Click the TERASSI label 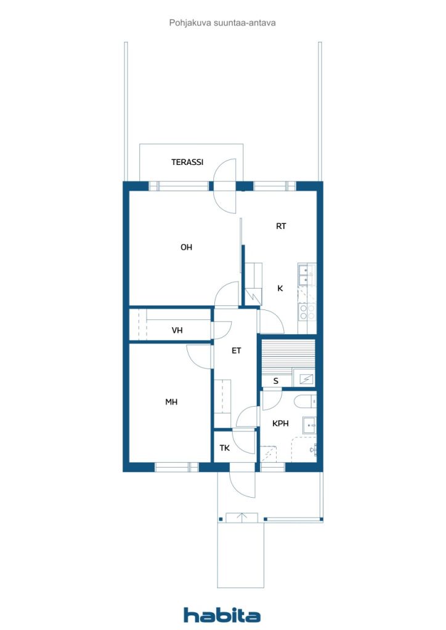[x=187, y=162]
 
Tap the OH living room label [x=186, y=247]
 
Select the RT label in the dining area [x=281, y=226]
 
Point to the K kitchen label [x=280, y=288]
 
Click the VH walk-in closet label [x=177, y=330]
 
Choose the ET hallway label [x=236, y=351]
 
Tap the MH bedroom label [x=171, y=402]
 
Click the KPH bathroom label [x=280, y=423]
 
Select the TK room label [x=225, y=448]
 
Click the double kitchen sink [x=306, y=275]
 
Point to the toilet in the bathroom [x=305, y=402]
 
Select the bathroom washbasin [x=309, y=423]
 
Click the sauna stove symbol [x=302, y=377]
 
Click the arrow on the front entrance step [x=242, y=517]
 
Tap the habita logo [x=222, y=615]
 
